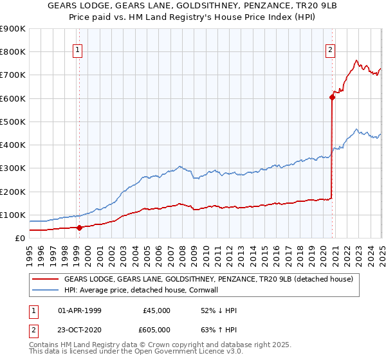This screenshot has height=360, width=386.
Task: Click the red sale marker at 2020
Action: coord(333,98)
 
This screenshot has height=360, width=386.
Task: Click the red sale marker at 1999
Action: coord(79,227)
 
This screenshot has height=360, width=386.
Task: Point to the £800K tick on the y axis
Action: coord(13,52)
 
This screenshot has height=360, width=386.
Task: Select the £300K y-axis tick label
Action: coord(13,168)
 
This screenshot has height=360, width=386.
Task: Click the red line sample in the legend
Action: coord(45,280)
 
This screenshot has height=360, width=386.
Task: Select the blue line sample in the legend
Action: coord(45,291)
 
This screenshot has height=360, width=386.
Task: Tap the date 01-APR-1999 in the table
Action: coord(80,310)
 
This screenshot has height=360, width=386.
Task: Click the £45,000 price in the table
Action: coord(156,310)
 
